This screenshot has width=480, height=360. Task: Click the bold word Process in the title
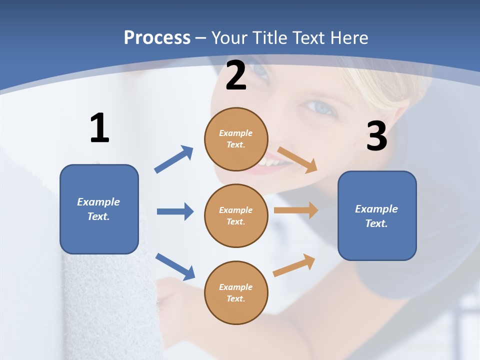pos(157,38)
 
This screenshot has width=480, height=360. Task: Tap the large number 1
pos(99,128)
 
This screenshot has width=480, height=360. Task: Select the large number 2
pos(236,76)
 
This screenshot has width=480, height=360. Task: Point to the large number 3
pos(376,136)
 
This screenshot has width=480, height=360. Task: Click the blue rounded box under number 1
pos(99,209)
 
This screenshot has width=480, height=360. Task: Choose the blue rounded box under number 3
pos(377,215)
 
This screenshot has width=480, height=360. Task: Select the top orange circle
pos(236,139)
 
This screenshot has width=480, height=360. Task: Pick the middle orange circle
pos(236,215)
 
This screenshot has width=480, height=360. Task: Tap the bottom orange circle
pos(236,292)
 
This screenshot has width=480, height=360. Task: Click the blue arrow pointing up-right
pos(173,159)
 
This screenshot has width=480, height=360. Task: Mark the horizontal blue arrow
pos(175,211)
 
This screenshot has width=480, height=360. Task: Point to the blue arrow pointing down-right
pos(175,266)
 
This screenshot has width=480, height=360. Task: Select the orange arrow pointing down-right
pos(297,159)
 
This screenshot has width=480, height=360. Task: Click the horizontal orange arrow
pos(295,210)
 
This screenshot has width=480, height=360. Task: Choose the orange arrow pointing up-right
pos(294,265)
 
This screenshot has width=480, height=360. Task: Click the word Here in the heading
pos(348,38)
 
